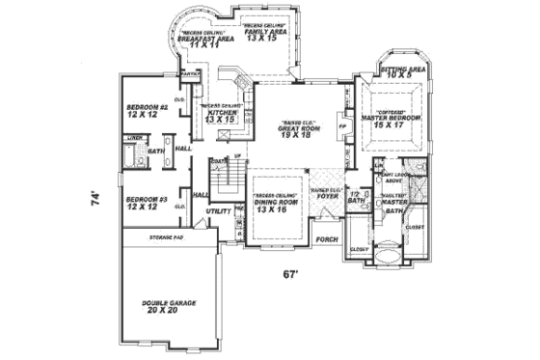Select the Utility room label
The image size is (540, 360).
(x=218, y=209)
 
